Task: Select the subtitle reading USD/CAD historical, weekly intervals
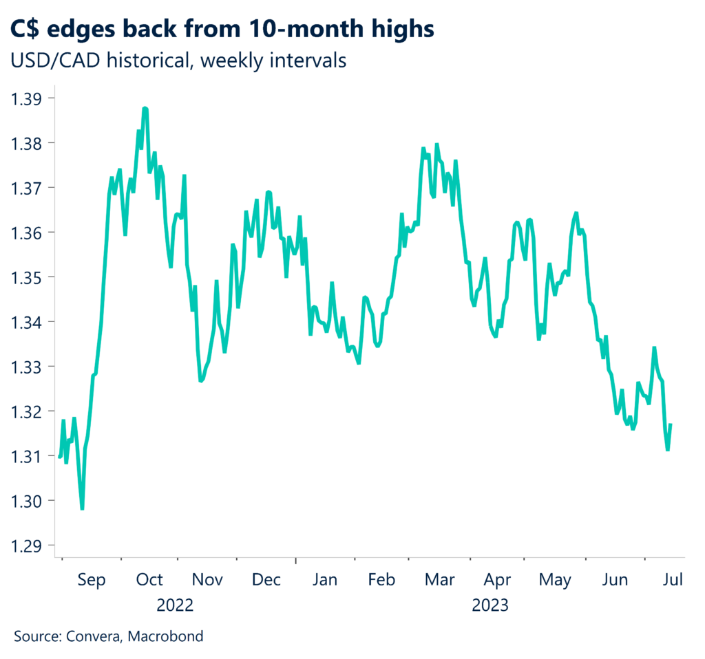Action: click(178, 61)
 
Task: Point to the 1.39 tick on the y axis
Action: click(27, 98)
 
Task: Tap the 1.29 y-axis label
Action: click(27, 545)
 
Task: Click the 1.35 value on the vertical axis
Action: click(27, 277)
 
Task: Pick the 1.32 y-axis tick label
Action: click(27, 411)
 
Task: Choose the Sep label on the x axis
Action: click(91, 581)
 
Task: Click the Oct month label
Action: click(149, 581)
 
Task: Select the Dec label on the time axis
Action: click(266, 581)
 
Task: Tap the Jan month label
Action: click(324, 581)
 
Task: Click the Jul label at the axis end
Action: click(672, 581)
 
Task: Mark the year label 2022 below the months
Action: click(175, 606)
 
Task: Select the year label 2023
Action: click(490, 606)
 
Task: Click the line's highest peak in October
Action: click(145, 108)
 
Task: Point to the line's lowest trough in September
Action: click(82, 508)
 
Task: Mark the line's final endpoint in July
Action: click(671, 424)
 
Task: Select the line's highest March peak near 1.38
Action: click(436, 145)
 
